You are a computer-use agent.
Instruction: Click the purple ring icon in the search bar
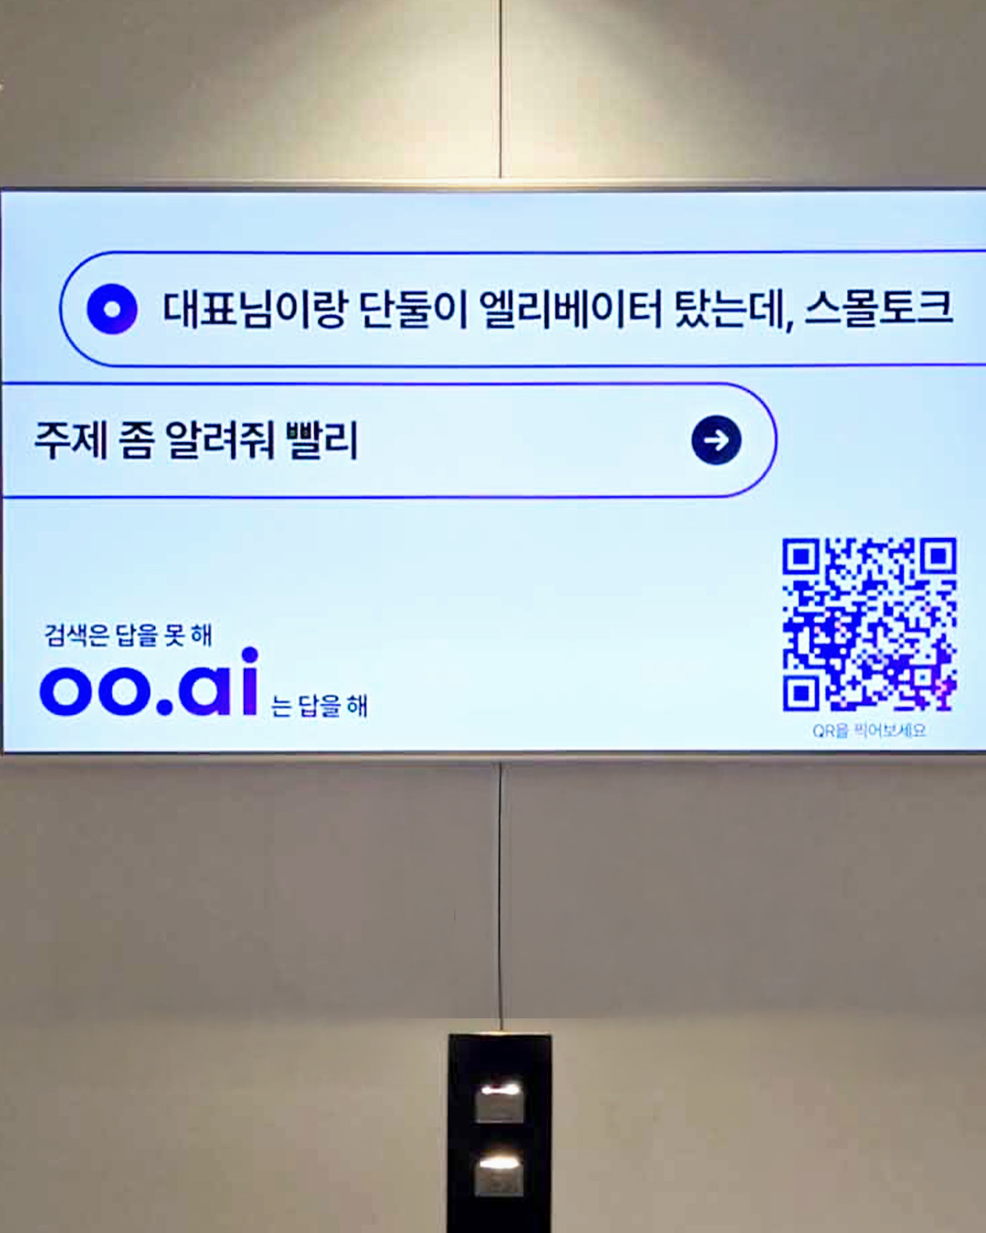pos(111,309)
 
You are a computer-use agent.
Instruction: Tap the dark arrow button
pos(716,440)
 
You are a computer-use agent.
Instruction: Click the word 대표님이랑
pos(254,310)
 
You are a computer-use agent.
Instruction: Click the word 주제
pos(71,440)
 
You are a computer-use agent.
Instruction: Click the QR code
pos(869,625)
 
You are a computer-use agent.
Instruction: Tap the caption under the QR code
pos(869,731)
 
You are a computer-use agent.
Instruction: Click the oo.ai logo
pos(149,681)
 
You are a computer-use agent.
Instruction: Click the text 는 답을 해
pos(319,706)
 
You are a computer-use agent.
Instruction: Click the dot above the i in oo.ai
pos(250,655)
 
